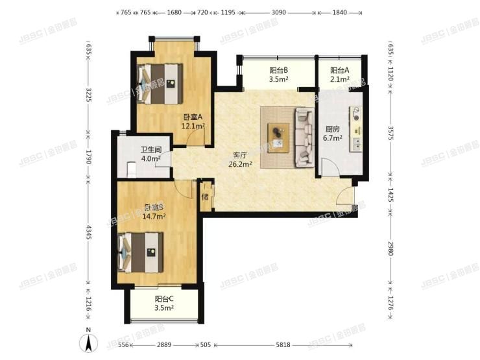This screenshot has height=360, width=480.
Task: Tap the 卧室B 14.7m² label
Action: [x=154, y=212]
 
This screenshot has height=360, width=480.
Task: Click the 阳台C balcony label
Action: [x=164, y=303]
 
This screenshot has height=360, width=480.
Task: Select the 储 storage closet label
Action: [x=204, y=197]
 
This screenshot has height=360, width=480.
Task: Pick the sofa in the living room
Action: [x=304, y=136]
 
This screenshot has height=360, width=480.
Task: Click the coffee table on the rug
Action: [x=279, y=134]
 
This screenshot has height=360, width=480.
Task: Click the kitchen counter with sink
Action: [x=355, y=130]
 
